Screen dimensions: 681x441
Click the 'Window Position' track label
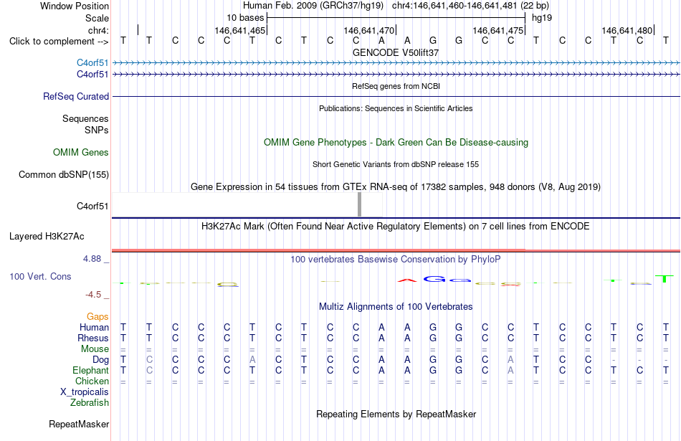point(75,6)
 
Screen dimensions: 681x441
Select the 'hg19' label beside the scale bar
point(542,18)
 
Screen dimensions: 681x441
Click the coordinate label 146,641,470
point(368,30)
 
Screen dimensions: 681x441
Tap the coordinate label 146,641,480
point(627,30)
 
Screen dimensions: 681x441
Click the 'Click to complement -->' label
point(59,42)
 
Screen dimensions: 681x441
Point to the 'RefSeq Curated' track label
point(76,97)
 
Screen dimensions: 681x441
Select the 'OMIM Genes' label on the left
point(81,153)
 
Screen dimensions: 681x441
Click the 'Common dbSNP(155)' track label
point(64,175)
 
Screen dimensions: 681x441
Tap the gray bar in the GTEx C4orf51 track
point(359,204)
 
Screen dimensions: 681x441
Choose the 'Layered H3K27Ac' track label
point(47,237)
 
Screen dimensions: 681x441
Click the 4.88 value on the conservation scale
point(92,259)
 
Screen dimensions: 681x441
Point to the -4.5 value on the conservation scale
point(93,295)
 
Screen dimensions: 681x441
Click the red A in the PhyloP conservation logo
point(407,280)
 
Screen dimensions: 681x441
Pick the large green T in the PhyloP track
point(664,279)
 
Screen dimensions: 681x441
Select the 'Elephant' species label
point(91,371)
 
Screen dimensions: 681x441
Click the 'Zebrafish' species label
point(90,403)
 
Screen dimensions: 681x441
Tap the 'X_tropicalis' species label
point(85,392)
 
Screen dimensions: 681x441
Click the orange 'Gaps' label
point(97,317)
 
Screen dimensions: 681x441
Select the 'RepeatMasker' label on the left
point(79,424)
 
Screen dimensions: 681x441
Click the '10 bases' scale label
point(245,18)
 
